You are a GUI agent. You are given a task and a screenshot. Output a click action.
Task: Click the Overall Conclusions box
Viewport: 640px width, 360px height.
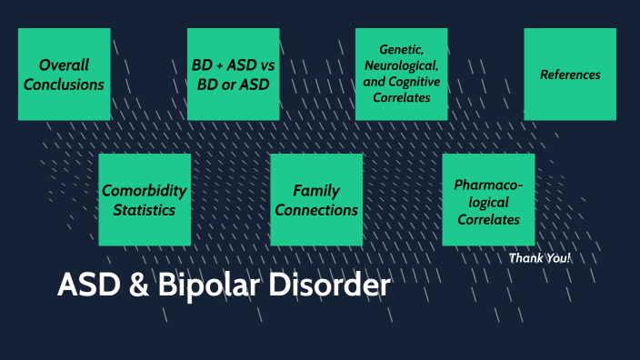pos(64,75)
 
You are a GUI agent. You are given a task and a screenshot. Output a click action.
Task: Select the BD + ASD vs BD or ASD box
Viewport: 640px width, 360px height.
pos(233,75)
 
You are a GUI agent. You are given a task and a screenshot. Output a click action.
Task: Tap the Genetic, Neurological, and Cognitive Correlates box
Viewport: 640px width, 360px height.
pos(401,75)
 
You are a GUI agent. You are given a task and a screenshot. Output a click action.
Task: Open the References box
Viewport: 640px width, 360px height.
pos(570,75)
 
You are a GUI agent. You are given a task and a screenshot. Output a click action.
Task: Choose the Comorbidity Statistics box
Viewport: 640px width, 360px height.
pos(145,200)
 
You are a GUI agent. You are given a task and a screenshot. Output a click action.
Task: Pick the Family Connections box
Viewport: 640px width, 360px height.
pos(316,200)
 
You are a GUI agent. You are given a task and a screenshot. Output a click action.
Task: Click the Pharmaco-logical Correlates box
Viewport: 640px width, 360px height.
pos(488,200)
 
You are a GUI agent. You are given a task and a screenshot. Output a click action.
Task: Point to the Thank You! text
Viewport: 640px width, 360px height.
pos(540,258)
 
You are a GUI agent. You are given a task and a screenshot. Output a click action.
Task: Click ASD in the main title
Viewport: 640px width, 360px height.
pos(86,285)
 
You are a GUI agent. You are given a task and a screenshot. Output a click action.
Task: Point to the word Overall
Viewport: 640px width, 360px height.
pos(64,65)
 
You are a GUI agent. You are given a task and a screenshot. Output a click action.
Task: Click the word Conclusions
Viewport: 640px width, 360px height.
pos(64,85)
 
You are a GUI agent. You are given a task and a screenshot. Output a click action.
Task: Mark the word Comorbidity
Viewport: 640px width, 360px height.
pos(145,191)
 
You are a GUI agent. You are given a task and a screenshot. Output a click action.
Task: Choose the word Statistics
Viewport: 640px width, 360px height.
pos(145,210)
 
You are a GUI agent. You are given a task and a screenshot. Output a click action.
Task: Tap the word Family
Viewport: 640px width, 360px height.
pos(316,191)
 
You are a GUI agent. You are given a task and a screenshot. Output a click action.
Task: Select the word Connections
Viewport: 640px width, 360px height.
pos(316,210)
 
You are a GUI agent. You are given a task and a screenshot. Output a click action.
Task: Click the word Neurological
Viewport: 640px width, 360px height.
pos(401,66)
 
